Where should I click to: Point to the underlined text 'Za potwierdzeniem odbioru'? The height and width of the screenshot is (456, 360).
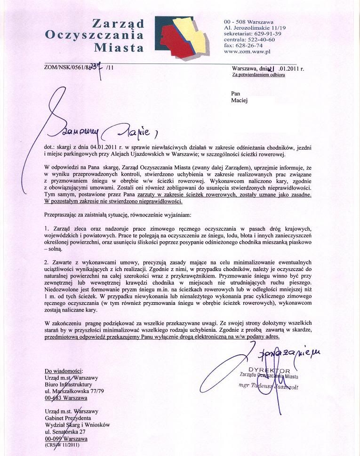coord(258,75)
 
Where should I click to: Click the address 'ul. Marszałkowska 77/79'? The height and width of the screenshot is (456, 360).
coord(74,391)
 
